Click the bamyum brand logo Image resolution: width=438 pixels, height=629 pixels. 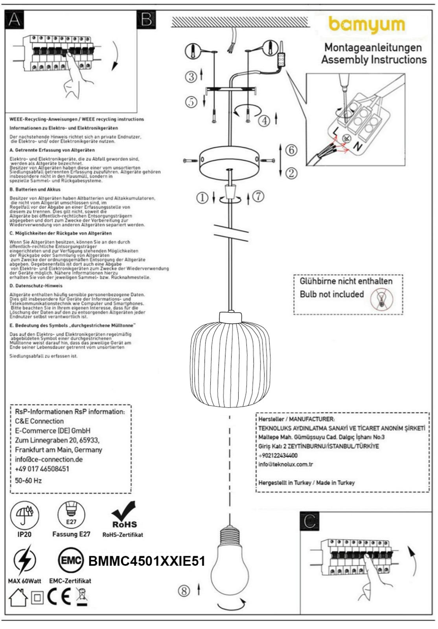(x=366, y=25)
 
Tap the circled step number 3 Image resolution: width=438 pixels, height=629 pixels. (x=191, y=77)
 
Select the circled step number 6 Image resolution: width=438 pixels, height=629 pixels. (x=291, y=150)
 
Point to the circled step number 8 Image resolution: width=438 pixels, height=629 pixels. (x=184, y=590)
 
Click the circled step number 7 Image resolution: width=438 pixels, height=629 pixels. (x=258, y=197)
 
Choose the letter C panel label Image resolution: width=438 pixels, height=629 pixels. (x=309, y=521)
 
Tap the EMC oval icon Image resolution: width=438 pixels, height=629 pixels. (x=71, y=561)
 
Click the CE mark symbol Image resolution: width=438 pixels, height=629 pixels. (x=59, y=598)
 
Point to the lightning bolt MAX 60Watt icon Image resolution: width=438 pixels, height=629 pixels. (x=24, y=561)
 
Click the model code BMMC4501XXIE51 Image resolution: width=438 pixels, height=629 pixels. (x=147, y=561)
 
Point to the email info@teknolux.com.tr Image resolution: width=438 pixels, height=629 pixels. (x=285, y=464)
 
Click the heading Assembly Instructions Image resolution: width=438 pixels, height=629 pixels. (x=374, y=60)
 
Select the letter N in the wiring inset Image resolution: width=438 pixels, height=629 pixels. (x=357, y=146)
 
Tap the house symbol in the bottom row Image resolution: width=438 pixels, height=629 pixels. (x=18, y=598)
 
